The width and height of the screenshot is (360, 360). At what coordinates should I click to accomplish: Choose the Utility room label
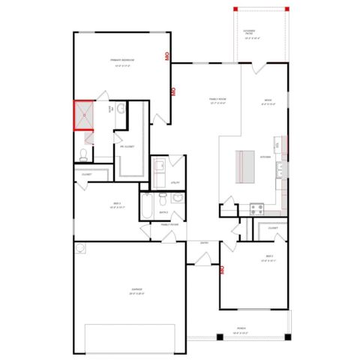point(175,182)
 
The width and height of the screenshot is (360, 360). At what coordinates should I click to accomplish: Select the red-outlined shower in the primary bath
point(84,115)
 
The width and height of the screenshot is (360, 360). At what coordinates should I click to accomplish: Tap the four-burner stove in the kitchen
point(256,208)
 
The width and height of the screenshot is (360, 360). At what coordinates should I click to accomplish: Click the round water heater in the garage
point(80,247)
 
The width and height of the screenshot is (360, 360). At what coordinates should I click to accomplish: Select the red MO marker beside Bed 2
point(223,271)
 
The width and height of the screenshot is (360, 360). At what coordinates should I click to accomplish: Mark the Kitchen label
point(265,157)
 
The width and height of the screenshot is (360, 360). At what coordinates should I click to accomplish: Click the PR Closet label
point(127,147)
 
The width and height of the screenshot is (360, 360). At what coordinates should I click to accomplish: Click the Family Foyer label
point(169,223)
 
